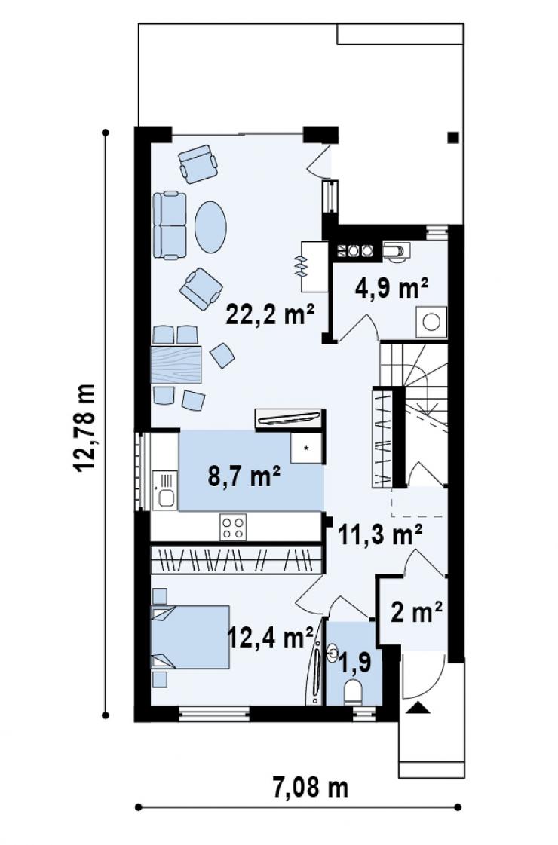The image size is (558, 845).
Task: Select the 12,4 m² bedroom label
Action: pyautogui.click(x=271, y=638)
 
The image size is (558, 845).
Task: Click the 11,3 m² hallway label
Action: pyautogui.click(x=380, y=534)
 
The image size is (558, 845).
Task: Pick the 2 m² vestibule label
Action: pyautogui.click(x=416, y=611)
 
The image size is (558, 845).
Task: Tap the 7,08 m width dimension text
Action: pyautogui.click(x=310, y=788)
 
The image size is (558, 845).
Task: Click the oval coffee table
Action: pyautogui.click(x=211, y=226)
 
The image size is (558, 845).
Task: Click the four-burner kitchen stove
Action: pyautogui.click(x=234, y=527)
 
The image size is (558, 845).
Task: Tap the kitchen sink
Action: pyautogui.click(x=165, y=490)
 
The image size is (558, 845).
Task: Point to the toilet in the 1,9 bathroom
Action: pyautogui.click(x=354, y=693)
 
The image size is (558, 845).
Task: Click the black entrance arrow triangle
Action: pyautogui.click(x=418, y=708)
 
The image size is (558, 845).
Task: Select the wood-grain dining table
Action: pyautogui.click(x=176, y=365)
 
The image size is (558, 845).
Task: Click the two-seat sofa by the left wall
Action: pyautogui.click(x=170, y=225)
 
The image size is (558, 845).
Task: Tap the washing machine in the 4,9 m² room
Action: pyautogui.click(x=431, y=323)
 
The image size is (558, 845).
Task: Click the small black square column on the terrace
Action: pyautogui.click(x=453, y=137)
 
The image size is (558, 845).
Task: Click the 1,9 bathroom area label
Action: pyautogui.click(x=355, y=663)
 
